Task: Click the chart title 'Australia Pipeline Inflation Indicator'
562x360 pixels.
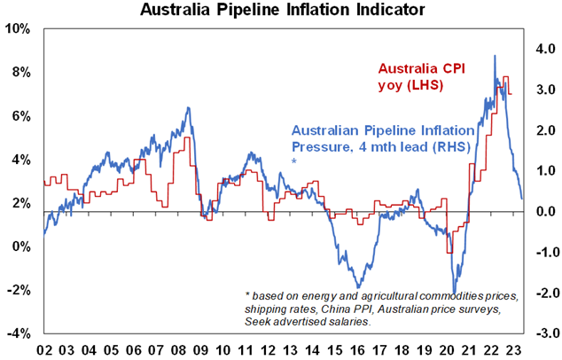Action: click(280, 11)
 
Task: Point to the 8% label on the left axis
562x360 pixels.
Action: click(22, 72)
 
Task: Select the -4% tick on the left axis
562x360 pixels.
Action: click(20, 333)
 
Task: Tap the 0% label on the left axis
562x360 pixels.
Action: click(22, 247)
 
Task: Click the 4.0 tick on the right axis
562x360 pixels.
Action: click(542, 50)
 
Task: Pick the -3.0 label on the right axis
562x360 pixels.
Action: click(541, 333)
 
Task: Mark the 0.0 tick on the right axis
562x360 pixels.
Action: click(542, 212)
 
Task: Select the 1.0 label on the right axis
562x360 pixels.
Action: click(542, 171)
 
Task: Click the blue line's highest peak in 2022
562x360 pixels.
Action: click(495, 56)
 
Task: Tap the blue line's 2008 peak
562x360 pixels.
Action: click(188, 108)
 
